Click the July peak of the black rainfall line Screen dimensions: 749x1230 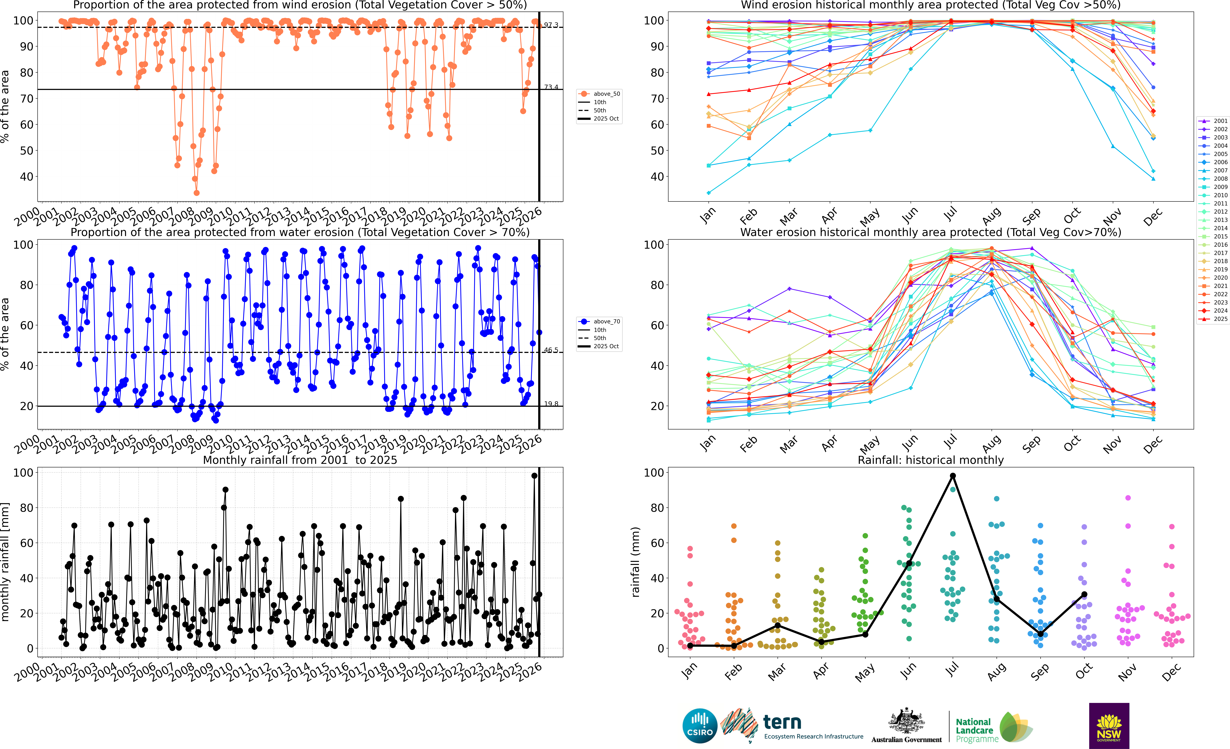point(952,475)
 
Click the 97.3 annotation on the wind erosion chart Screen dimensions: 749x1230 point(551,25)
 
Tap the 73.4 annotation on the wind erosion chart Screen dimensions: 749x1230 point(551,87)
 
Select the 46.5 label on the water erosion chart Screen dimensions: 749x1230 point(551,350)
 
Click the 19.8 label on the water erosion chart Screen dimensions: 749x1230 point(551,403)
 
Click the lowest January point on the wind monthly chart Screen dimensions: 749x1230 point(708,193)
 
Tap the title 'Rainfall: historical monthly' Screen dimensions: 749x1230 point(931,460)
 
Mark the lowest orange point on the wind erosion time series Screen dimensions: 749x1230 point(197,193)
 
